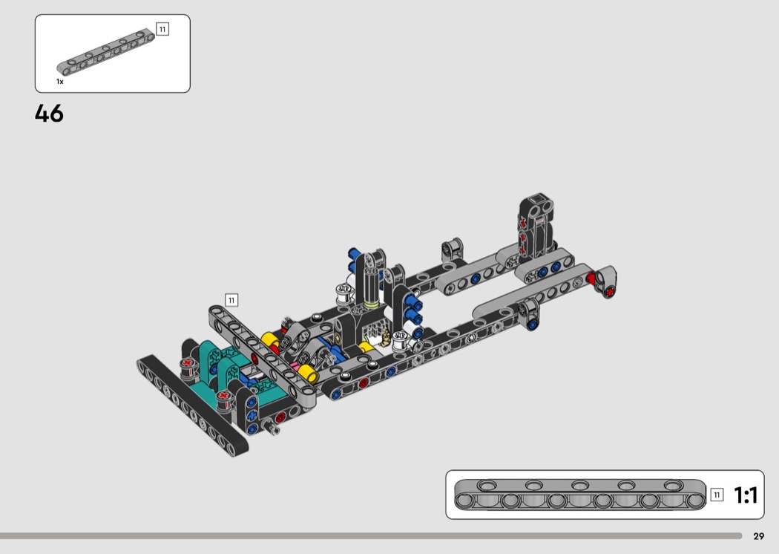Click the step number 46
coord(49,114)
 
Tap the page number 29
coord(758,536)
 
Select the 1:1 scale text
coord(746,495)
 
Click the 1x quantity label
coord(60,82)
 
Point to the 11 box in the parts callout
coord(162,29)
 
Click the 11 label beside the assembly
coord(231,300)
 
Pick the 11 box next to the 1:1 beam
coord(717,495)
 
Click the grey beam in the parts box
coord(105,52)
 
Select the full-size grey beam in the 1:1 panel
coord(579,495)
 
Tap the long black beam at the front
coord(192,405)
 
